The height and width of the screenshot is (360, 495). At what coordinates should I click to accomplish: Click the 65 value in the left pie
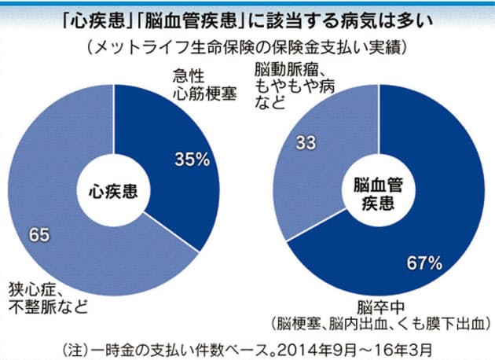[39, 233]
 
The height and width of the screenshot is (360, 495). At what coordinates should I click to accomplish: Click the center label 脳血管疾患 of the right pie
[375, 191]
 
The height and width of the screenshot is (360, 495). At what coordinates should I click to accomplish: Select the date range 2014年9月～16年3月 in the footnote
[346, 346]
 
